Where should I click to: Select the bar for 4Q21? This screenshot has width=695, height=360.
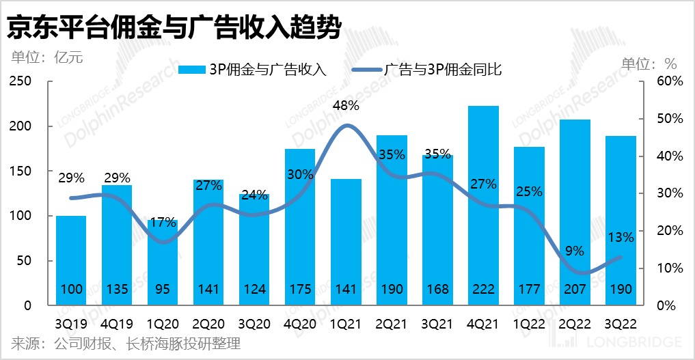click(x=483, y=205)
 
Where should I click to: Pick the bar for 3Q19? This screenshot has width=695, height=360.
click(x=71, y=260)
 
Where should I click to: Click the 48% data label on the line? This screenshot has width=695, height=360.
click(x=346, y=106)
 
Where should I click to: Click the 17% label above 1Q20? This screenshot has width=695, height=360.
click(x=163, y=222)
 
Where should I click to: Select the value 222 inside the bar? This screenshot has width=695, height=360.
click(x=483, y=290)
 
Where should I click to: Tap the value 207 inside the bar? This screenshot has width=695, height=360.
click(x=575, y=290)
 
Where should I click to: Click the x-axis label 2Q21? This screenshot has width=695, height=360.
click(x=392, y=323)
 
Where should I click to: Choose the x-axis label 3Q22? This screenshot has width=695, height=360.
click(x=621, y=323)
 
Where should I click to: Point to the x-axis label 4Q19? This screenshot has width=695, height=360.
click(x=117, y=323)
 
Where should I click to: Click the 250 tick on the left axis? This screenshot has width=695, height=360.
click(x=21, y=81)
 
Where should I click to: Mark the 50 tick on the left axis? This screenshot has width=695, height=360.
click(x=24, y=261)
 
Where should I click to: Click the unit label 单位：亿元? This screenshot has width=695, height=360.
click(x=46, y=57)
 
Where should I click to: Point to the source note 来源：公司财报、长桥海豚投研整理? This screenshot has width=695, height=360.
click(x=126, y=344)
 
